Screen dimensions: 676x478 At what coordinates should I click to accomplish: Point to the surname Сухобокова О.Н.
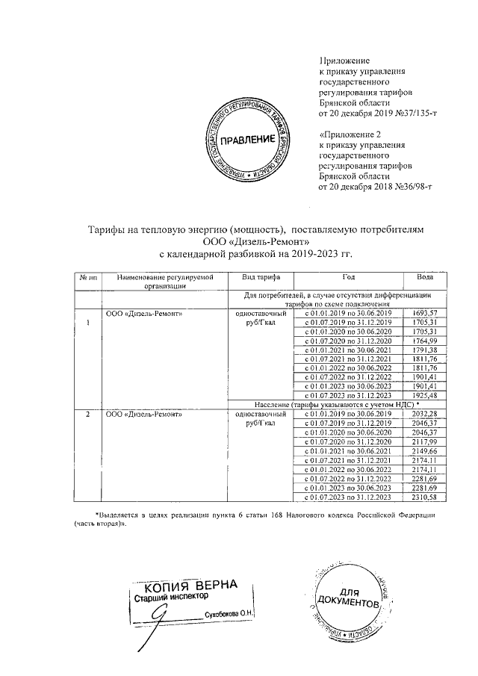(229, 614)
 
